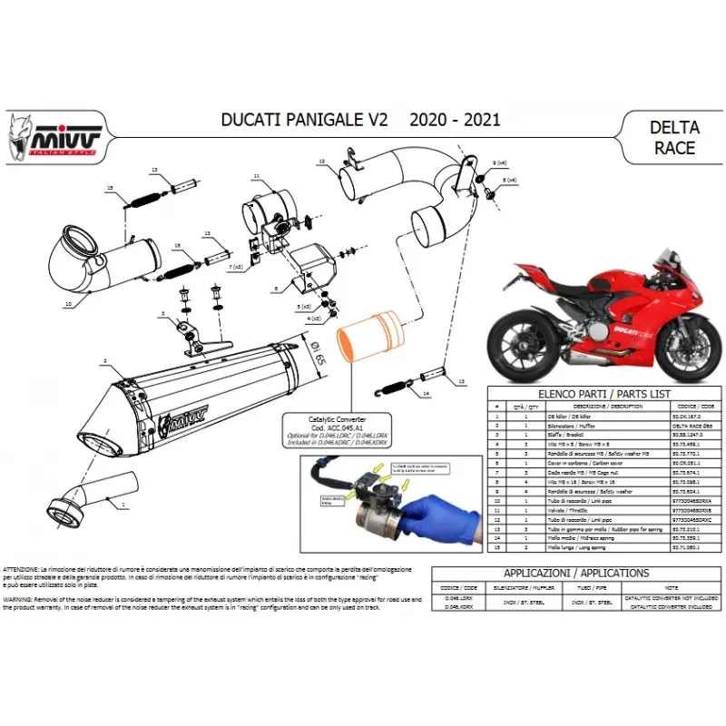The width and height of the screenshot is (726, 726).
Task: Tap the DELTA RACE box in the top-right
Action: click(673, 137)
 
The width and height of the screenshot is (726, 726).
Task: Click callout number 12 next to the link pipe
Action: click(321, 162)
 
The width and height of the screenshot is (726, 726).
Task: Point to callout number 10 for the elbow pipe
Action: click(67, 304)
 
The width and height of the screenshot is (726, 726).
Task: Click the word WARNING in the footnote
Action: click(20, 599)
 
